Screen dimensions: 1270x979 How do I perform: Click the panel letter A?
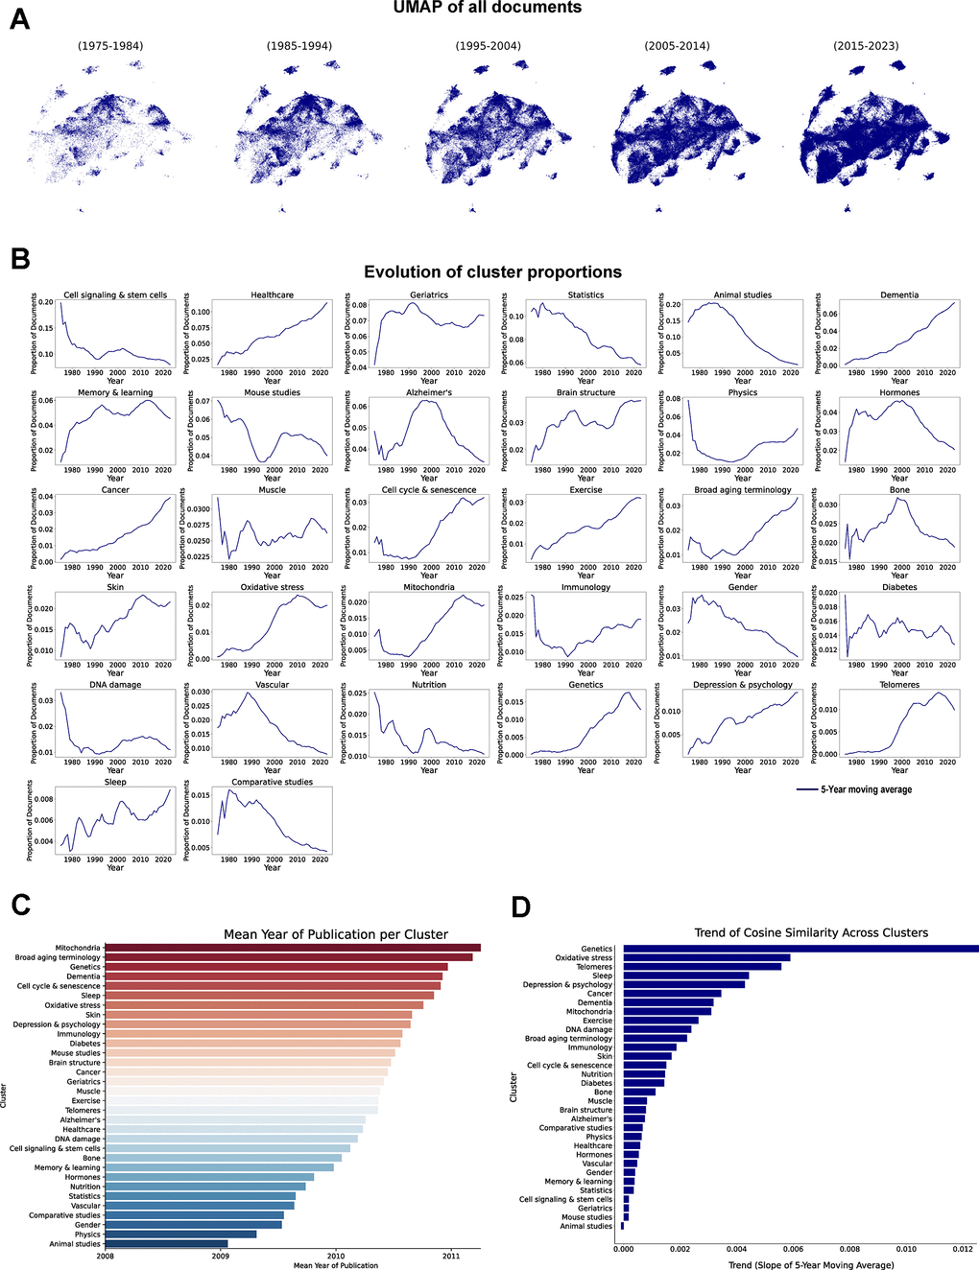tap(19, 18)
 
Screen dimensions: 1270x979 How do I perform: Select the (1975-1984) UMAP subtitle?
tap(110, 45)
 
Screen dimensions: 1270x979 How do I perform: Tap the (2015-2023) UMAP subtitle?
tap(868, 45)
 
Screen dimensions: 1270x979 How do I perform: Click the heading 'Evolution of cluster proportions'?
tap(492, 272)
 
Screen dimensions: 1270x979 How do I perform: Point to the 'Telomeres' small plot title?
tap(898, 685)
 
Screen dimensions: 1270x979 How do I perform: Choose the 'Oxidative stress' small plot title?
tap(272, 587)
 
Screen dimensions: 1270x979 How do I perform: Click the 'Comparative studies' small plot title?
tap(272, 782)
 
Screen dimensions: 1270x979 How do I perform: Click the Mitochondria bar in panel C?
tap(292, 948)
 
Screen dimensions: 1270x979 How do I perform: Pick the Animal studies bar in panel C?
tap(165, 1244)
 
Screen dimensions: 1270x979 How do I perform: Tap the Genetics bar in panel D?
tap(800, 949)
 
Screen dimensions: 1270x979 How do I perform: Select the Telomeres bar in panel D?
tap(702, 967)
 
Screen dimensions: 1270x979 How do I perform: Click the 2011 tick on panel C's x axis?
tap(451, 1255)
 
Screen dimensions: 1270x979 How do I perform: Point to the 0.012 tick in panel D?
tap(963, 1250)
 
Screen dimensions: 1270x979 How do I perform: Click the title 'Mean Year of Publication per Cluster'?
tap(336, 934)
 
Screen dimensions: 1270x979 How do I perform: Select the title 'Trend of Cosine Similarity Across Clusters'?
tap(811, 932)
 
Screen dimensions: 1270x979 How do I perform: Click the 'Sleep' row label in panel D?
tap(602, 976)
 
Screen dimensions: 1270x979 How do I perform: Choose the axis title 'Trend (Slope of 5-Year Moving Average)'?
tap(811, 1265)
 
